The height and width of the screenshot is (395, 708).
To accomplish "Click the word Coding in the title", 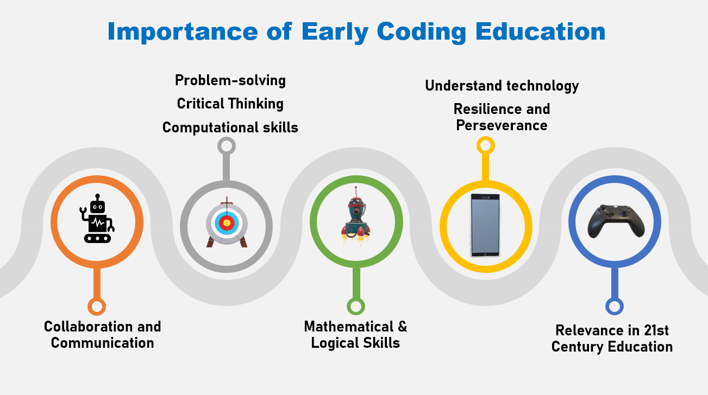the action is (421, 32).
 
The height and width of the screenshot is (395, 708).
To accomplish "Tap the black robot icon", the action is (97, 219).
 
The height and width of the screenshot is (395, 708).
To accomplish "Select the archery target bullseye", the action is (227, 223).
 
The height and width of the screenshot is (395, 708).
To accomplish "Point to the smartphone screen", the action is (485, 226).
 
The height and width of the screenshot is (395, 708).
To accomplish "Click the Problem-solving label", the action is (230, 80).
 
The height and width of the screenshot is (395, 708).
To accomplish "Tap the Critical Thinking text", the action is (230, 104).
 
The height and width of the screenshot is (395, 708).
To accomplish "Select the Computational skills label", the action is (230, 128).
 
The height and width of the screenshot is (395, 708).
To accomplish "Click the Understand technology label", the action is (502, 86).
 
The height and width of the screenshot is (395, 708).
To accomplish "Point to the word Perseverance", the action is (502, 125).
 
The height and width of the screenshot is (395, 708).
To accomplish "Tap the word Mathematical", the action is (349, 327).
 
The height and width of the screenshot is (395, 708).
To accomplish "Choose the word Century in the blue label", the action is (578, 347).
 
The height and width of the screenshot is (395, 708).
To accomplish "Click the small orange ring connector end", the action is (97, 307).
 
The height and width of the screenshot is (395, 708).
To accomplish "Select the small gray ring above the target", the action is (226, 146).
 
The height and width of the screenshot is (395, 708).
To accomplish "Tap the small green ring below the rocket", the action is (356, 306).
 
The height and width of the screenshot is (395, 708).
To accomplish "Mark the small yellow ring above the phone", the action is (485, 145).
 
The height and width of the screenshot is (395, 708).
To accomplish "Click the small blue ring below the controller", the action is (615, 306).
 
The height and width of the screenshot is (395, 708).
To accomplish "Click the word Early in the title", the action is (335, 32).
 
